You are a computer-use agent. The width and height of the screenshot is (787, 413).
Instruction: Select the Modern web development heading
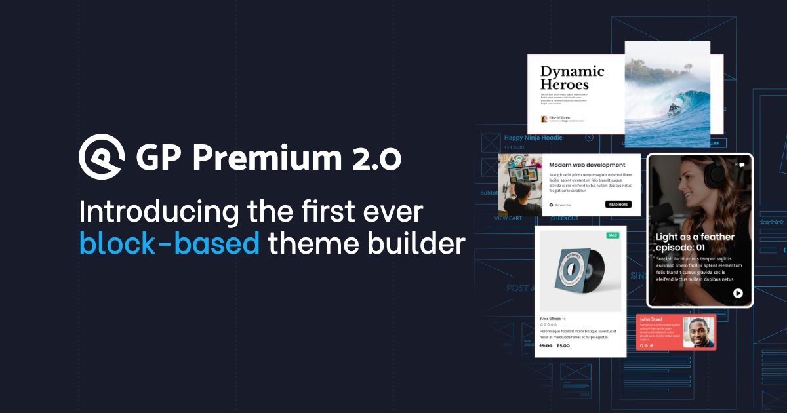click(587, 165)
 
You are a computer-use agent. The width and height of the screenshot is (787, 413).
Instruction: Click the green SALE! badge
click(613, 235)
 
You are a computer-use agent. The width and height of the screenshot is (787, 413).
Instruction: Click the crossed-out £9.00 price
click(546, 345)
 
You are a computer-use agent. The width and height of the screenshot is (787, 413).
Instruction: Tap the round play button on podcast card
click(738, 293)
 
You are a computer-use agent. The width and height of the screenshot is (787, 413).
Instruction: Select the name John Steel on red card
click(651, 319)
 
